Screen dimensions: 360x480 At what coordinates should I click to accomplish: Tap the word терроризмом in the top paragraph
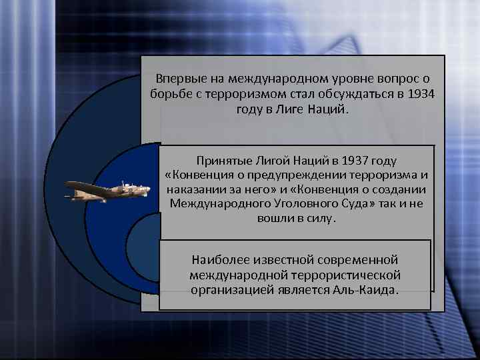point(247,93)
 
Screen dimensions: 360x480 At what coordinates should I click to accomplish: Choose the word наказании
point(193,189)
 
